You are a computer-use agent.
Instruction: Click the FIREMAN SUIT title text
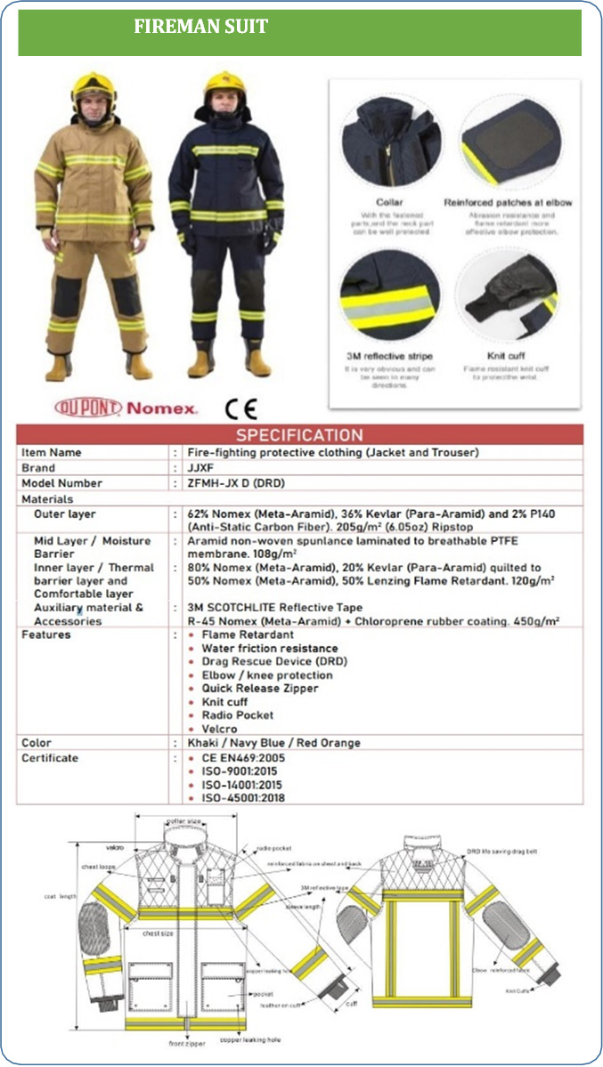200,27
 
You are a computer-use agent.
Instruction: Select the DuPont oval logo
87,408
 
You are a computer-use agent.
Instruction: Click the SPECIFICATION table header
299,435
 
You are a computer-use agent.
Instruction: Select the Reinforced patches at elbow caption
508,203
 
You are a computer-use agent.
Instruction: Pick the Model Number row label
61,483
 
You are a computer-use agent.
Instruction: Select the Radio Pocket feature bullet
238,715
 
